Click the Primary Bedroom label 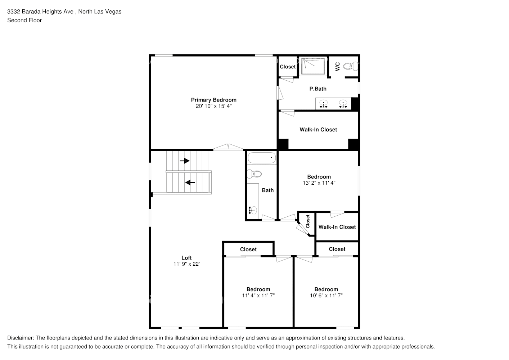click(213, 100)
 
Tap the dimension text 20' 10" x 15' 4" click(213, 106)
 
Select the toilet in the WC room click(351, 66)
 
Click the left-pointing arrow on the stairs click(190, 183)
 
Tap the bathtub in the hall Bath click(262, 158)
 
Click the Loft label click(186, 258)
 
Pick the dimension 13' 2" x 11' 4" click(319, 183)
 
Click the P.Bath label click(318, 89)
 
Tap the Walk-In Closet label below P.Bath click(318, 130)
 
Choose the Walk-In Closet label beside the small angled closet click(337, 227)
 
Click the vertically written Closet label click(308, 221)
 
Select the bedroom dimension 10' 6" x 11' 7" click(326, 296)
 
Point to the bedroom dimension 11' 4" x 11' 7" click(258, 296)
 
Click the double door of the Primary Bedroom click(228, 147)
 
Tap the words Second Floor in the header click(24, 20)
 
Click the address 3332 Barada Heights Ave click(40, 12)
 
